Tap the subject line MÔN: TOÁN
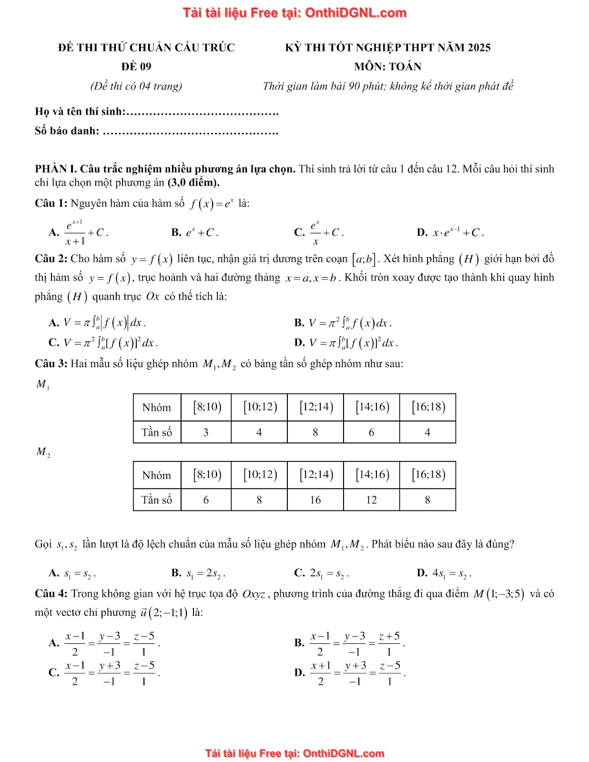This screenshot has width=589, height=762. (x=387, y=67)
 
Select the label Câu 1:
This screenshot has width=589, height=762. (x=51, y=203)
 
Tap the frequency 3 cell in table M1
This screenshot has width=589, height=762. (x=206, y=432)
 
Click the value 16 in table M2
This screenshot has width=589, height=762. (x=315, y=500)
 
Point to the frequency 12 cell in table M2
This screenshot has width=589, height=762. (x=371, y=500)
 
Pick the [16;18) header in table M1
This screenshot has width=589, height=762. (x=427, y=407)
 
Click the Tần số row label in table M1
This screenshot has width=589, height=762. (x=157, y=432)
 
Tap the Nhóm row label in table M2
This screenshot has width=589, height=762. (x=157, y=475)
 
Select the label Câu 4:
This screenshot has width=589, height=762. (x=51, y=594)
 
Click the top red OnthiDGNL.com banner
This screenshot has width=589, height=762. (x=294, y=13)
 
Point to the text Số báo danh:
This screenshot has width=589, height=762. (x=67, y=131)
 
